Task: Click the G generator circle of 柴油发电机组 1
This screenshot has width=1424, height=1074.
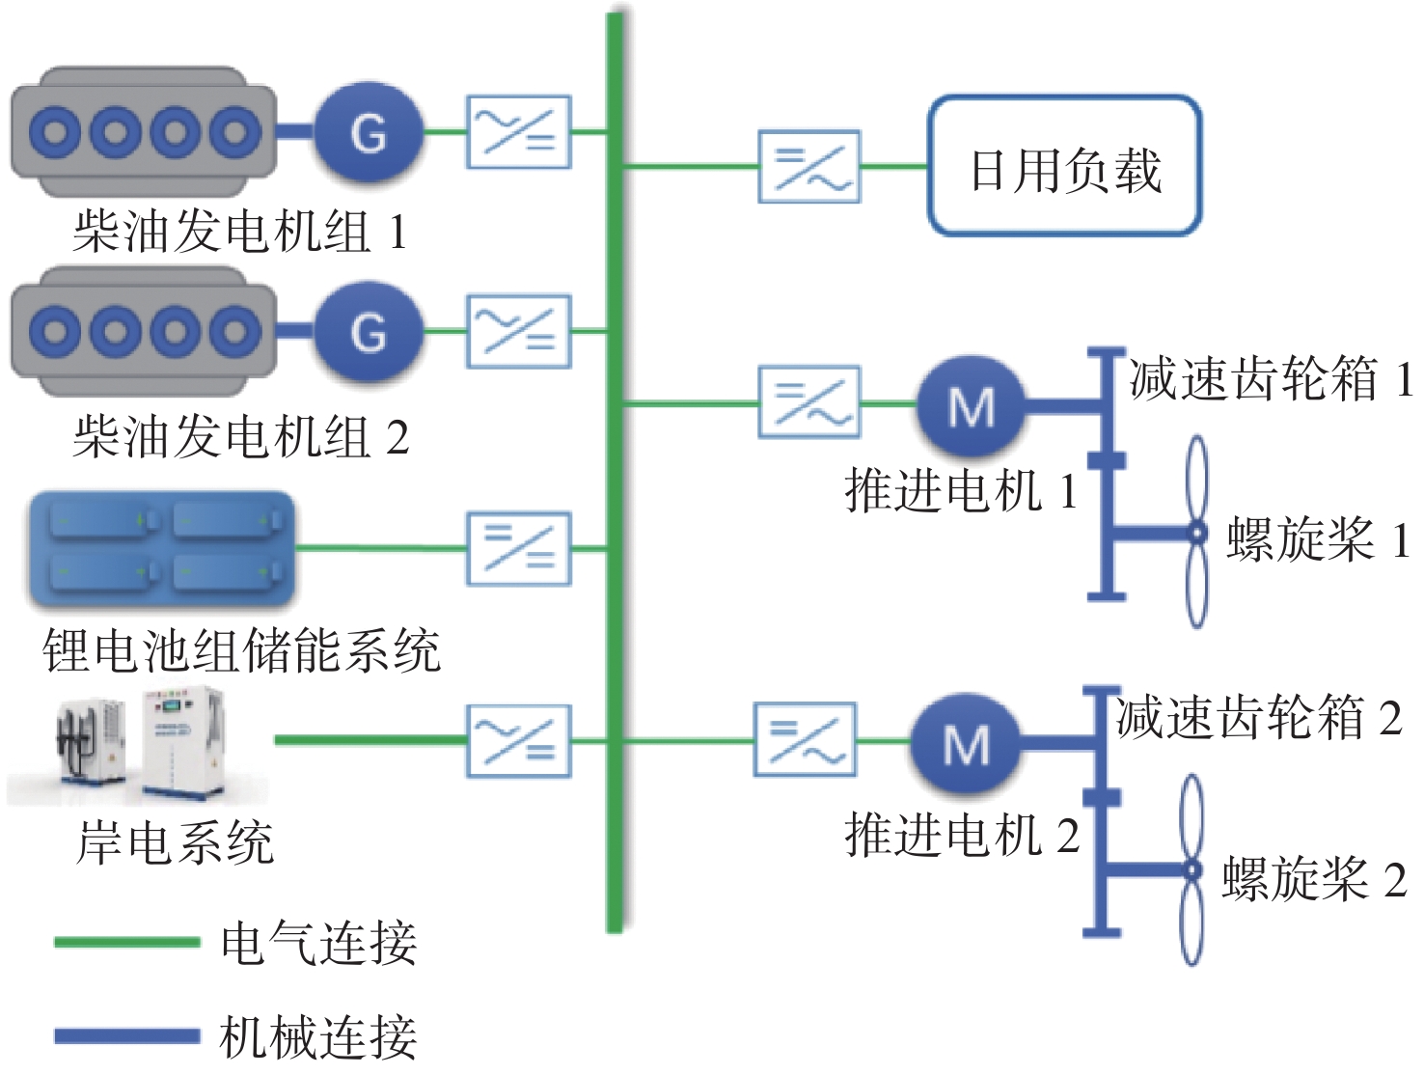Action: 369,132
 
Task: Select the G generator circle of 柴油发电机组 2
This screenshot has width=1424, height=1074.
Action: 369,332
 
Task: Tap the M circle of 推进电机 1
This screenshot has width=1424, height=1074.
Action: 972,405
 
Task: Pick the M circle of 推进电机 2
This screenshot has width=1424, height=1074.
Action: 965,743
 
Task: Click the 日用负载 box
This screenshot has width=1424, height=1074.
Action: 1064,165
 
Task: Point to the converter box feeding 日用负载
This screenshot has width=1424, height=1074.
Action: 809,167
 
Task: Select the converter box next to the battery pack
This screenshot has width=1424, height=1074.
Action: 519,549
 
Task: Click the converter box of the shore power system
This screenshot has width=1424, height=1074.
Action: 519,741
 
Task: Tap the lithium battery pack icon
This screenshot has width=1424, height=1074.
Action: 160,550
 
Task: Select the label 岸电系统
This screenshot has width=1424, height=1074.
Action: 176,843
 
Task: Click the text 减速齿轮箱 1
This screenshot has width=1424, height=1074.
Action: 1271,379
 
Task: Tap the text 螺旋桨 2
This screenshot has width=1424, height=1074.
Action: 1314,879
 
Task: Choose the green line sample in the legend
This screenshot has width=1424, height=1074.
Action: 127,942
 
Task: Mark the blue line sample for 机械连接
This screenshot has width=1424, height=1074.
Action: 127,1036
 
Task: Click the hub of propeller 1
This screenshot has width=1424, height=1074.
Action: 1197,533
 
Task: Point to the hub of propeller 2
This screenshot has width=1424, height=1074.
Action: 1192,869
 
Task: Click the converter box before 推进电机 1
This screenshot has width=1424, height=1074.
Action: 809,402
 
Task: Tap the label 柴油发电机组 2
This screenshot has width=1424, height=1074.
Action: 240,437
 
